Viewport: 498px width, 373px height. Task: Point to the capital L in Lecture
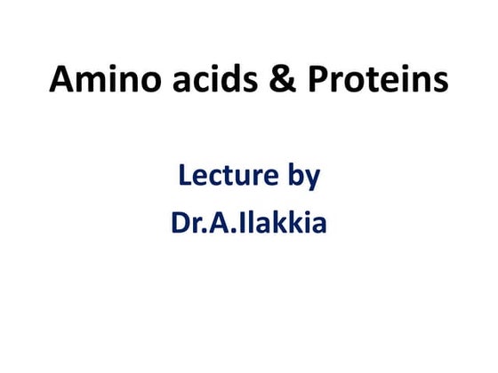click(185, 176)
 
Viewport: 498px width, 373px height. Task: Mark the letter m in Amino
click(93, 83)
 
